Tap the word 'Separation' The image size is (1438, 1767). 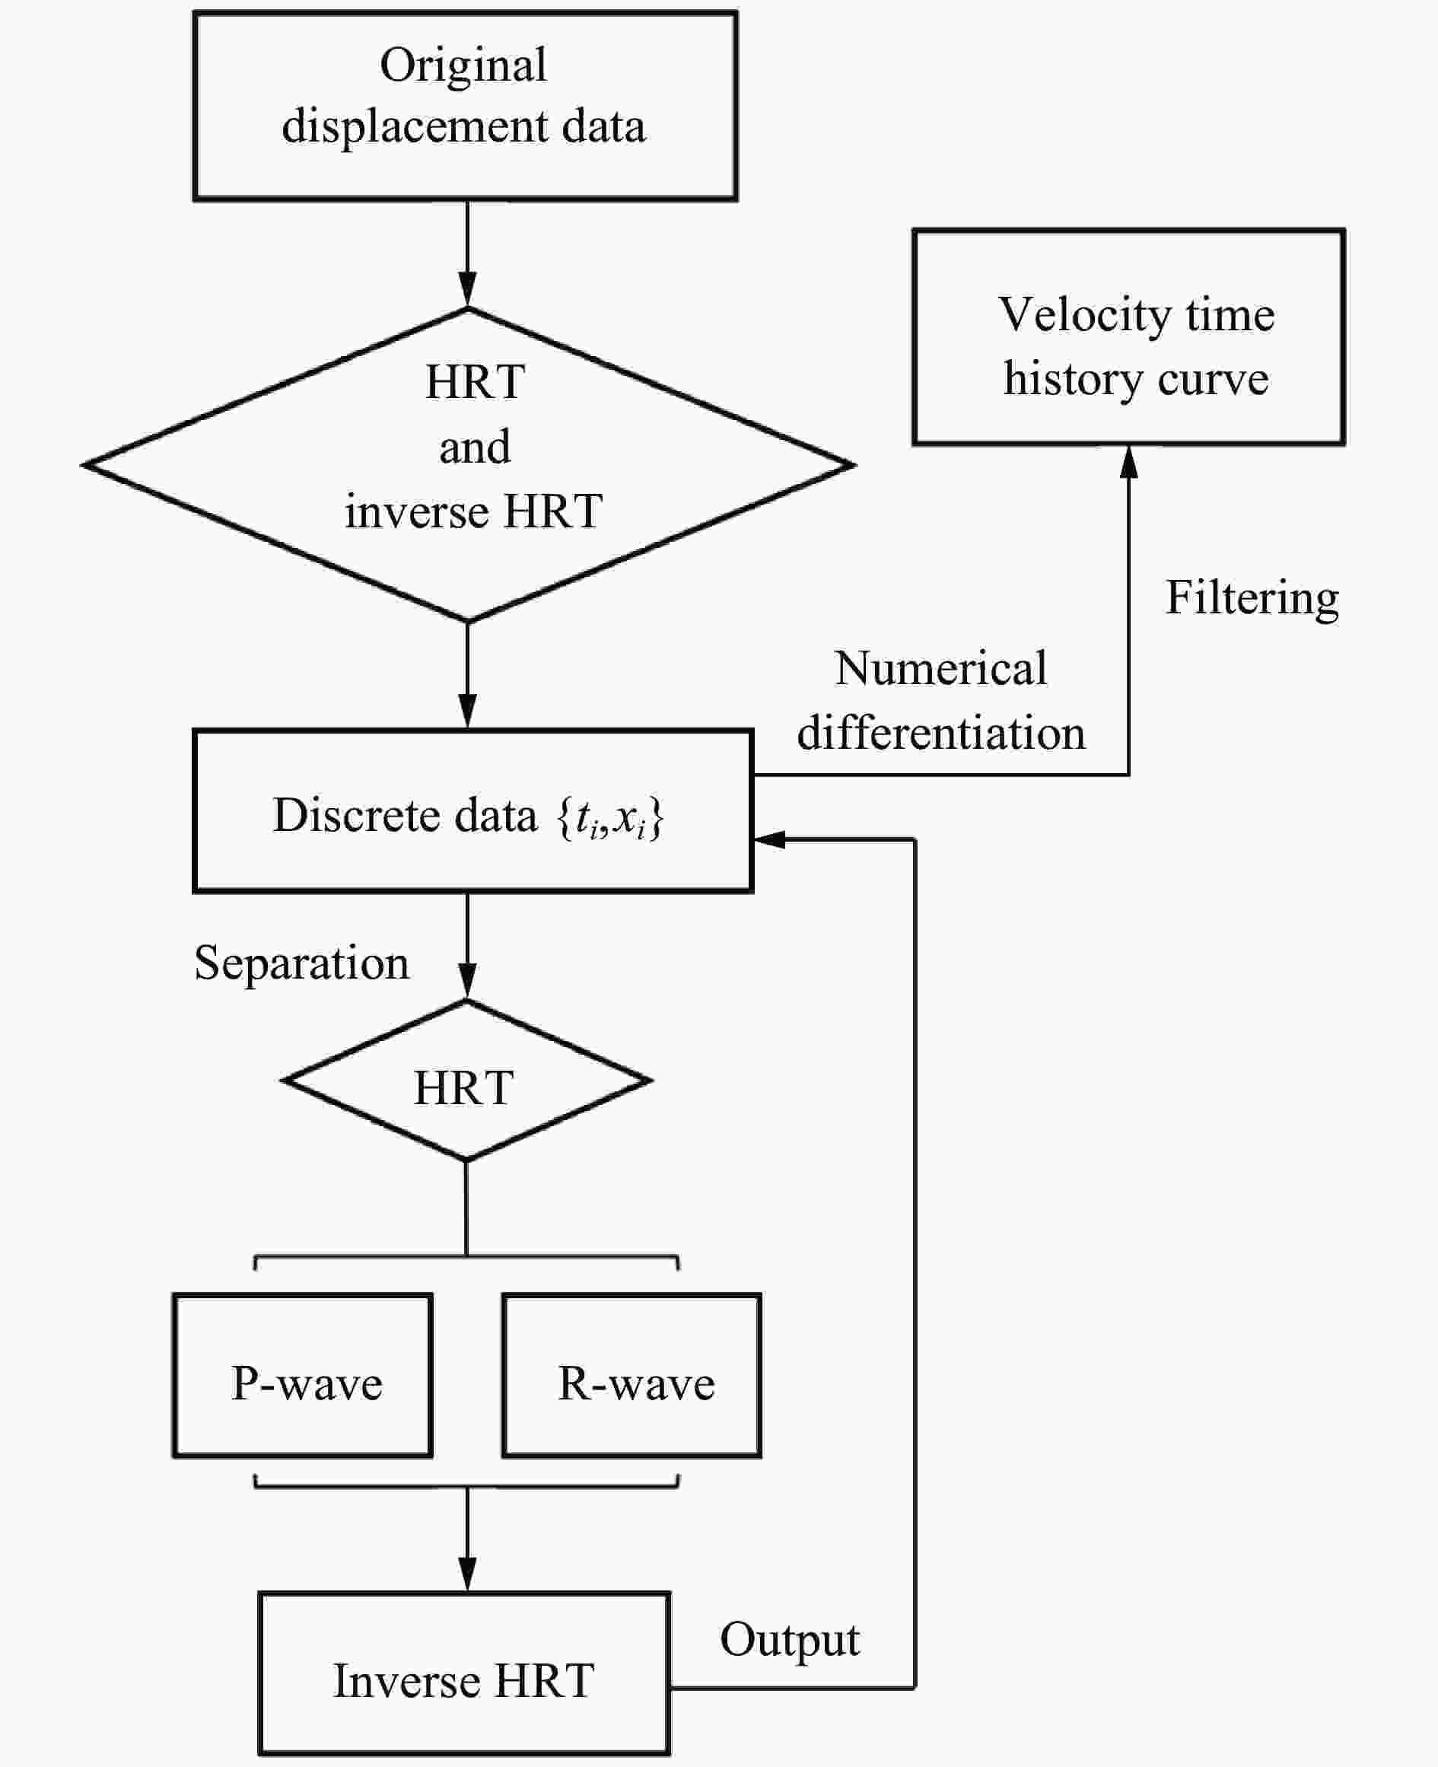301,963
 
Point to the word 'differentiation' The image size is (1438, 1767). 941,732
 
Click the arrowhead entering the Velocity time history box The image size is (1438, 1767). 1128,462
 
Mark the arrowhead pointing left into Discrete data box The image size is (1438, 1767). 769,839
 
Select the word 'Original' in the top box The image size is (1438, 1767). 463,66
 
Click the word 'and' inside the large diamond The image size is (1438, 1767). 475,447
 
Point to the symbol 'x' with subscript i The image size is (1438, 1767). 628,820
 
